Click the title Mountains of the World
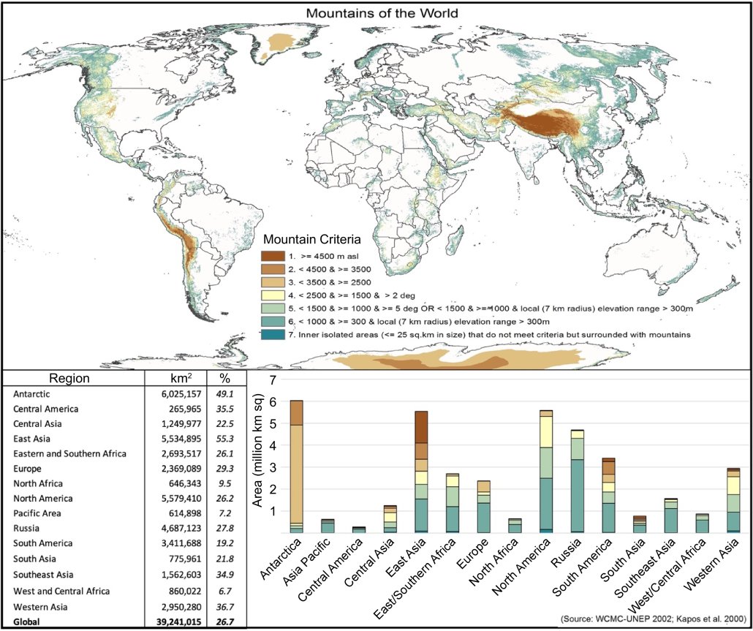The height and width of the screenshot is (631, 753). click(x=376, y=13)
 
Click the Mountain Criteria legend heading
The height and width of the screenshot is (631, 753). click(x=317, y=240)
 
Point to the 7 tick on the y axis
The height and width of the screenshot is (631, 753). click(x=273, y=380)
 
